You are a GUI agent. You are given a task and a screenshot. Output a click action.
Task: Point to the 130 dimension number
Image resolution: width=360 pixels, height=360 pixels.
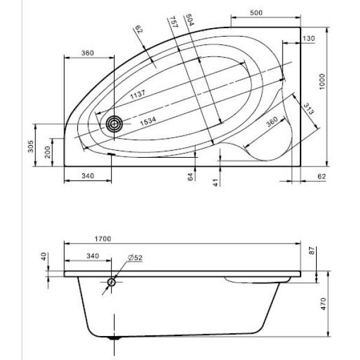(308, 38)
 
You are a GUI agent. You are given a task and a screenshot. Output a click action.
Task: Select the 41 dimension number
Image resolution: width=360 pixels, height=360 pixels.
(215, 182)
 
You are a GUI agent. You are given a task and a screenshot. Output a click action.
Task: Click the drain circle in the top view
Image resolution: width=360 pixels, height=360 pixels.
(113, 124)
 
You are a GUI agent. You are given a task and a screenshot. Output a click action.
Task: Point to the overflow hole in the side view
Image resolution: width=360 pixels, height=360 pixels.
(112, 283)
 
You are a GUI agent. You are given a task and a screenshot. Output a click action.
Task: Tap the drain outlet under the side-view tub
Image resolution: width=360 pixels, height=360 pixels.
(114, 338)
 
